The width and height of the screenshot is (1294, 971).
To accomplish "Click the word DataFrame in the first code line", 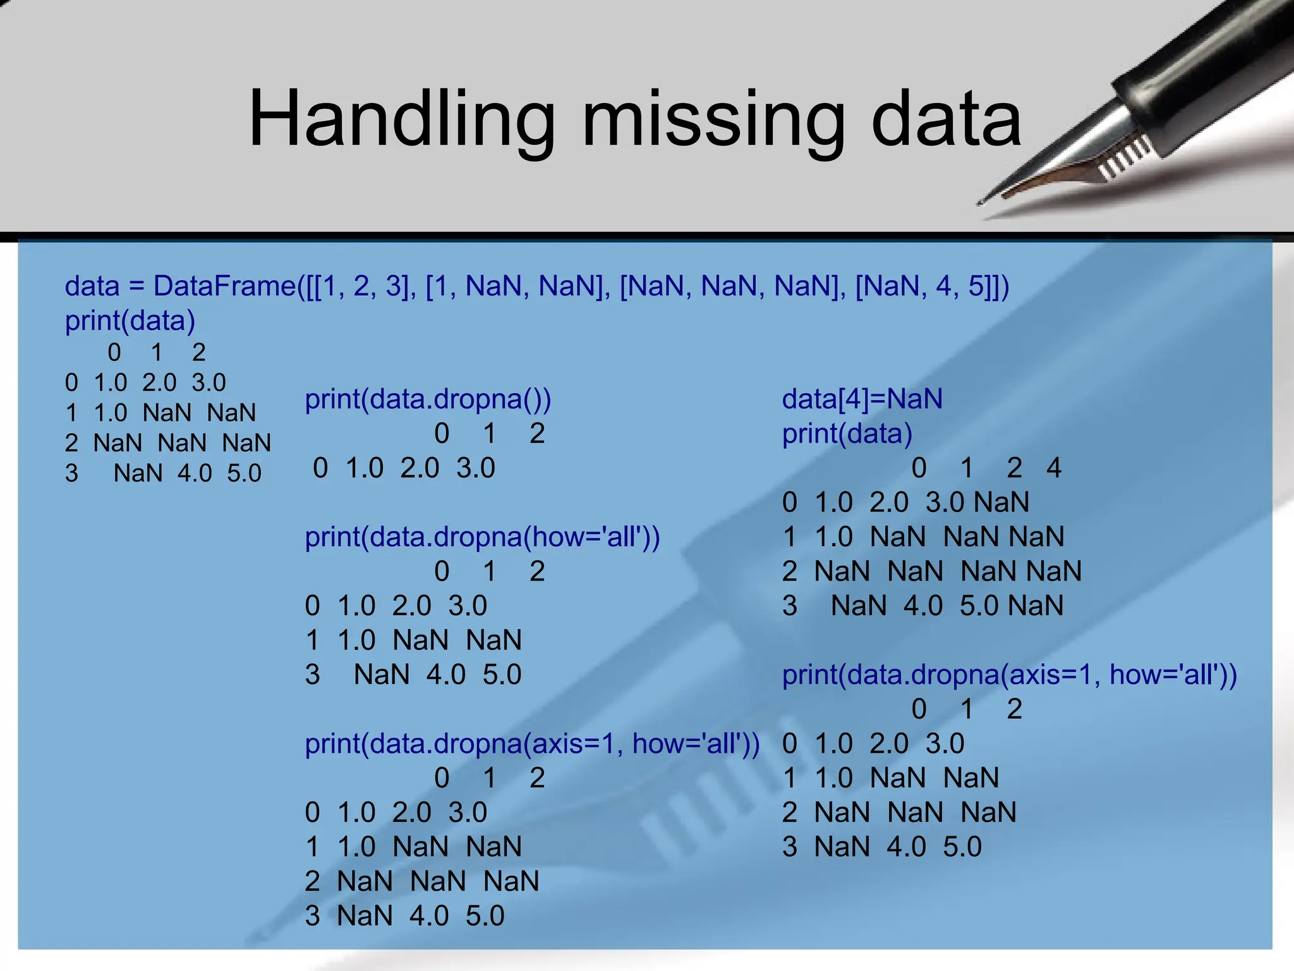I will (x=224, y=286).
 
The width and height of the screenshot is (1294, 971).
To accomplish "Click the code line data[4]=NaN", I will (x=862, y=400).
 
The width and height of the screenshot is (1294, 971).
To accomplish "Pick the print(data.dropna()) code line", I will (x=428, y=400).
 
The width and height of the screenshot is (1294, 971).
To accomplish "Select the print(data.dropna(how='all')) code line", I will (x=482, y=537).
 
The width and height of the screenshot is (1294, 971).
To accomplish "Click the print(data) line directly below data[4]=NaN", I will (x=847, y=434).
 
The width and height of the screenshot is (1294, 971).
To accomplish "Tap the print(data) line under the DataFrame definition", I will (x=130, y=321).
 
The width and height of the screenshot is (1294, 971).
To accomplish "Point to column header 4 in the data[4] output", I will (x=1053, y=468).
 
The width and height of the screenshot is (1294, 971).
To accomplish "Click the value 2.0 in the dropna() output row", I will (x=420, y=468).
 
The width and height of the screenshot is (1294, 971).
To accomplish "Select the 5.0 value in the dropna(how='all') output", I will (x=502, y=675).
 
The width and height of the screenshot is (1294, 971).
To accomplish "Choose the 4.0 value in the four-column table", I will (x=923, y=606).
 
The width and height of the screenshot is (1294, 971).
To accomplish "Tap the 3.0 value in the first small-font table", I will (x=209, y=383).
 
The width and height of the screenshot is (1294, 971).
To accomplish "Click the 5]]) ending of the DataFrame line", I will (x=989, y=286).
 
